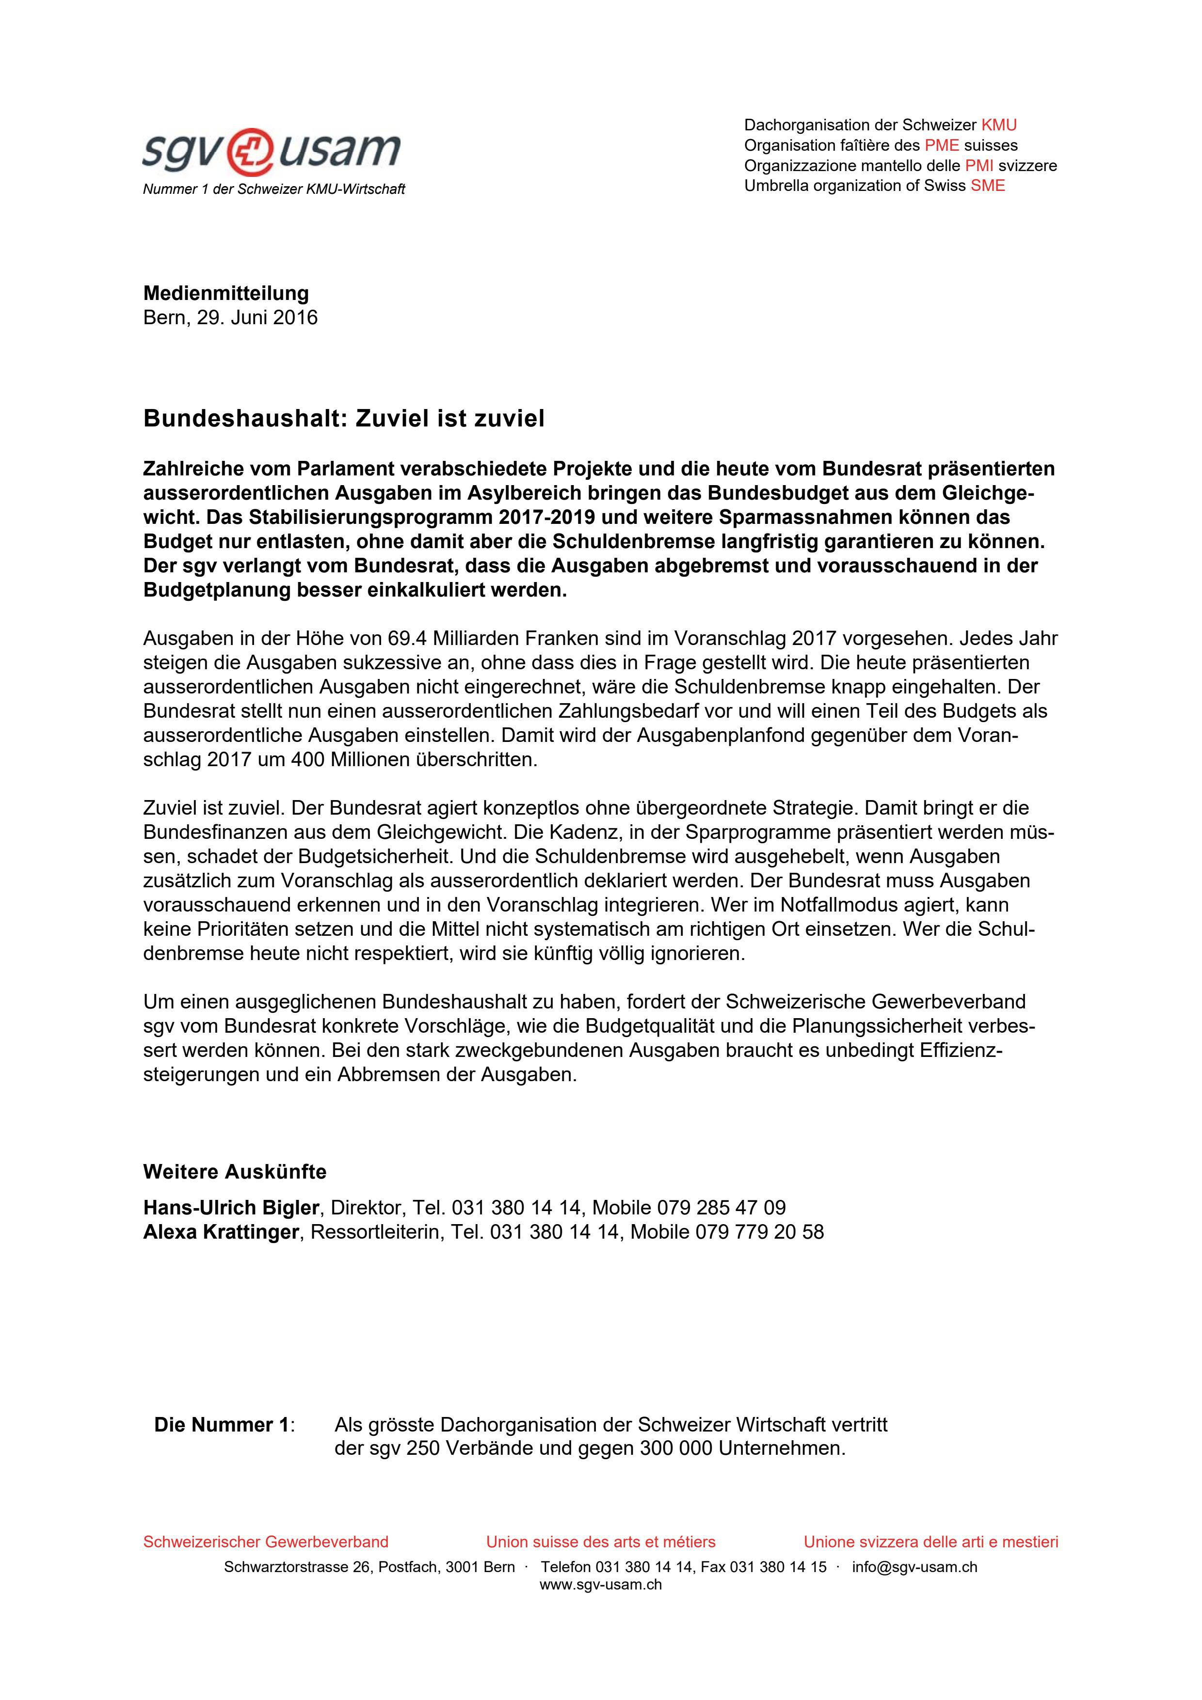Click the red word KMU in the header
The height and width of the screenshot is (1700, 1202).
[998, 125]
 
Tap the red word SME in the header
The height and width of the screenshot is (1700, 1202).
[988, 186]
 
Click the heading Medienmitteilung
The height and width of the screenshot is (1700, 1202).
[226, 293]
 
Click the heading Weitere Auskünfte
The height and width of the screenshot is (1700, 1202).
[234, 1172]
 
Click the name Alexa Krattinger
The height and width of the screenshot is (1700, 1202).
[221, 1232]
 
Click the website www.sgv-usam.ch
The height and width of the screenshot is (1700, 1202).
[601, 1585]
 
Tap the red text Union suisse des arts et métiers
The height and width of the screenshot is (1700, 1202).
[601, 1543]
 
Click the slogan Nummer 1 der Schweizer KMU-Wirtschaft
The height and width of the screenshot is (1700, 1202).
[273, 189]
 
